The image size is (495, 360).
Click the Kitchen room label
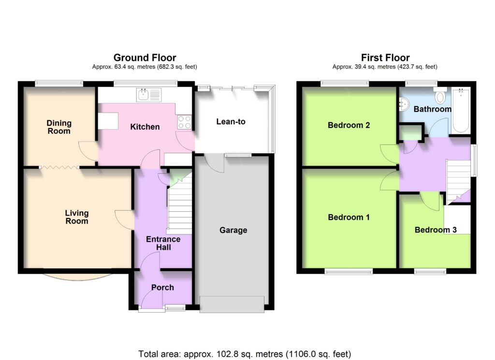145,127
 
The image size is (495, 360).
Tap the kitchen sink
149,95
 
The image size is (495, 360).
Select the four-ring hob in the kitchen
184,122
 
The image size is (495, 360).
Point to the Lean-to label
231,121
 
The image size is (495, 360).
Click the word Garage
233,230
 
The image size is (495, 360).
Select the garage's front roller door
232,304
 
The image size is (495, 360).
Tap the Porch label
162,288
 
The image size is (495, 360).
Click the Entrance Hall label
163,243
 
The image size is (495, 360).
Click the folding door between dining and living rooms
59,167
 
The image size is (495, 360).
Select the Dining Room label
59,127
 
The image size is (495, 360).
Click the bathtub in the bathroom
461,111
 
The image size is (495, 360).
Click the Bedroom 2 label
349,125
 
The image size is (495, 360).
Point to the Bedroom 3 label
436,230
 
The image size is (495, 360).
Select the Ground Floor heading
145,58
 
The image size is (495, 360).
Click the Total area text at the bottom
245,354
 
